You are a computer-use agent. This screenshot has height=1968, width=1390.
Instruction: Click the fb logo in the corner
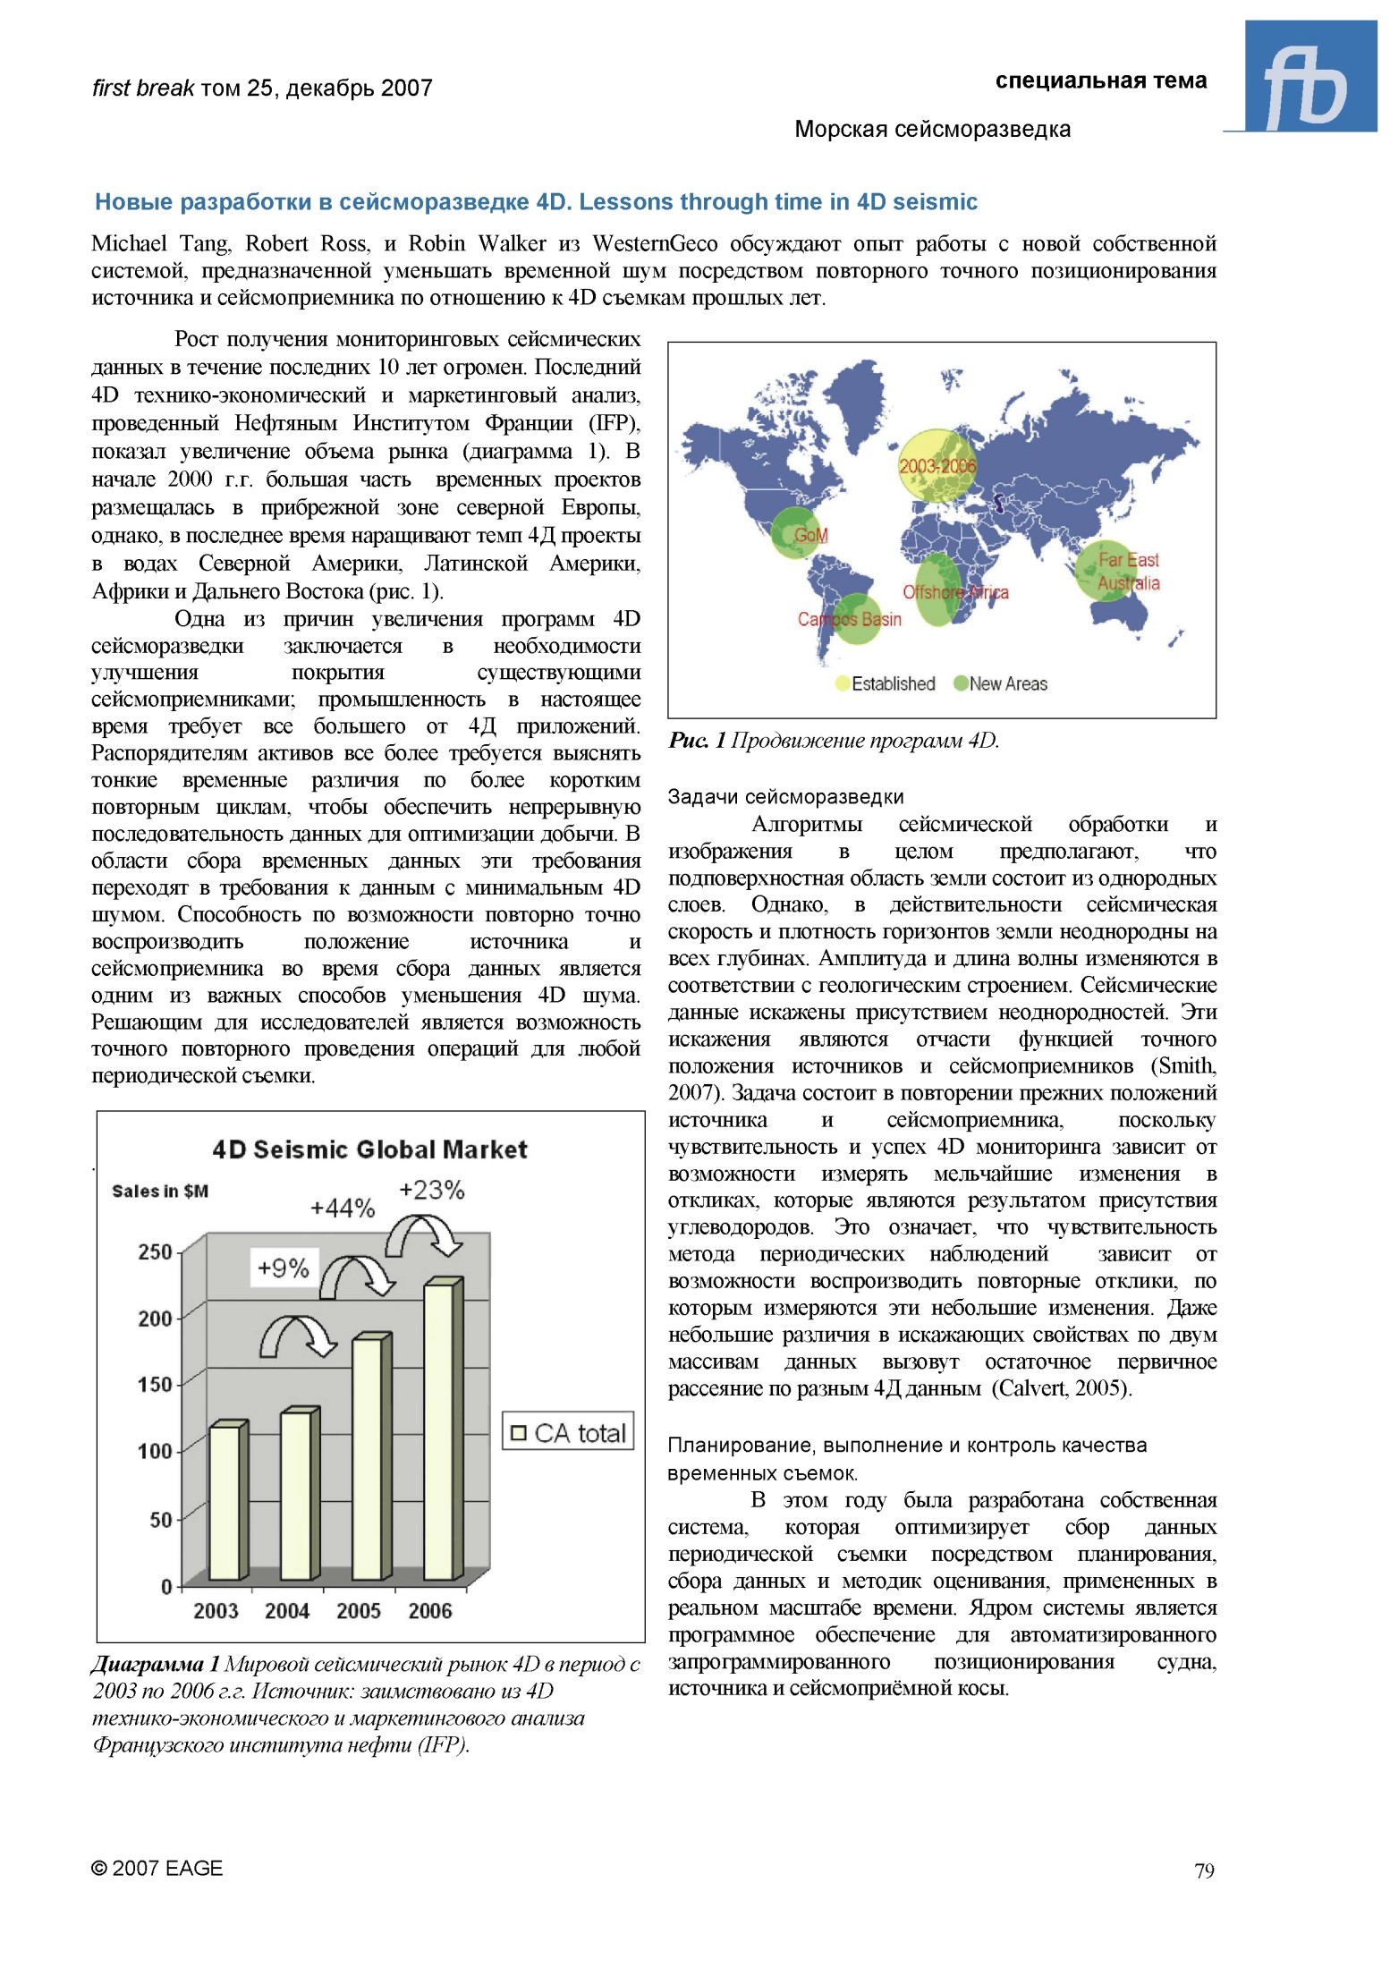[1309, 77]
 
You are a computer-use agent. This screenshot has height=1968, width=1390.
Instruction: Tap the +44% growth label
[343, 1209]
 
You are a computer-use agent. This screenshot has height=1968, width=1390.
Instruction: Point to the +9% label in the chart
[283, 1268]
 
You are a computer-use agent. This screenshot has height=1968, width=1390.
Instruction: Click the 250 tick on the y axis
[155, 1251]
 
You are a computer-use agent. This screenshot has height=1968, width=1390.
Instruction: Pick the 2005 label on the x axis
[359, 1610]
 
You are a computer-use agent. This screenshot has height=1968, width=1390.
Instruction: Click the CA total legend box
[568, 1432]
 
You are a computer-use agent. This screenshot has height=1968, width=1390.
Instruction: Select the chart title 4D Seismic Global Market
[369, 1149]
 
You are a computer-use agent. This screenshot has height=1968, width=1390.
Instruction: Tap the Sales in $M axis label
[160, 1191]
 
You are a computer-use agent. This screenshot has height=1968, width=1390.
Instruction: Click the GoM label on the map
[810, 535]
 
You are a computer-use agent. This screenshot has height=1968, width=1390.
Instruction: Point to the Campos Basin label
[849, 619]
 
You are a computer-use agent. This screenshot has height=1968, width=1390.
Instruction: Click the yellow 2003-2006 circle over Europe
[937, 466]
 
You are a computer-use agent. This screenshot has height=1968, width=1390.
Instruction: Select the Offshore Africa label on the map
[954, 592]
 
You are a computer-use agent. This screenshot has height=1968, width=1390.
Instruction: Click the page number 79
[1204, 1870]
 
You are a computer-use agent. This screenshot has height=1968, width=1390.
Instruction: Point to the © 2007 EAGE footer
[157, 1868]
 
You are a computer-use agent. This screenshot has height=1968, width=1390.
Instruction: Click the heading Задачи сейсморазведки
[785, 796]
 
